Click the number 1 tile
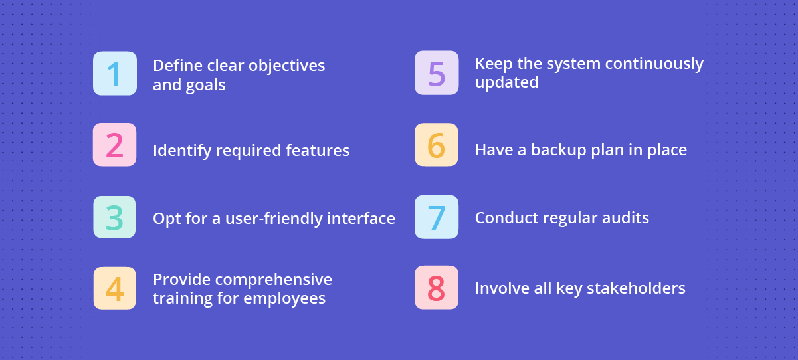coord(115,74)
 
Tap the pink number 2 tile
coord(115,145)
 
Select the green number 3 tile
coord(115,217)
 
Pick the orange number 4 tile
coord(115,288)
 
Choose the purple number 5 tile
coord(437,73)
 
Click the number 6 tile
coord(437,145)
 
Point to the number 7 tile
coord(437,217)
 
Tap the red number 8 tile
coord(437,288)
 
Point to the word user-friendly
coord(281,218)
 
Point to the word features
coord(318,151)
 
